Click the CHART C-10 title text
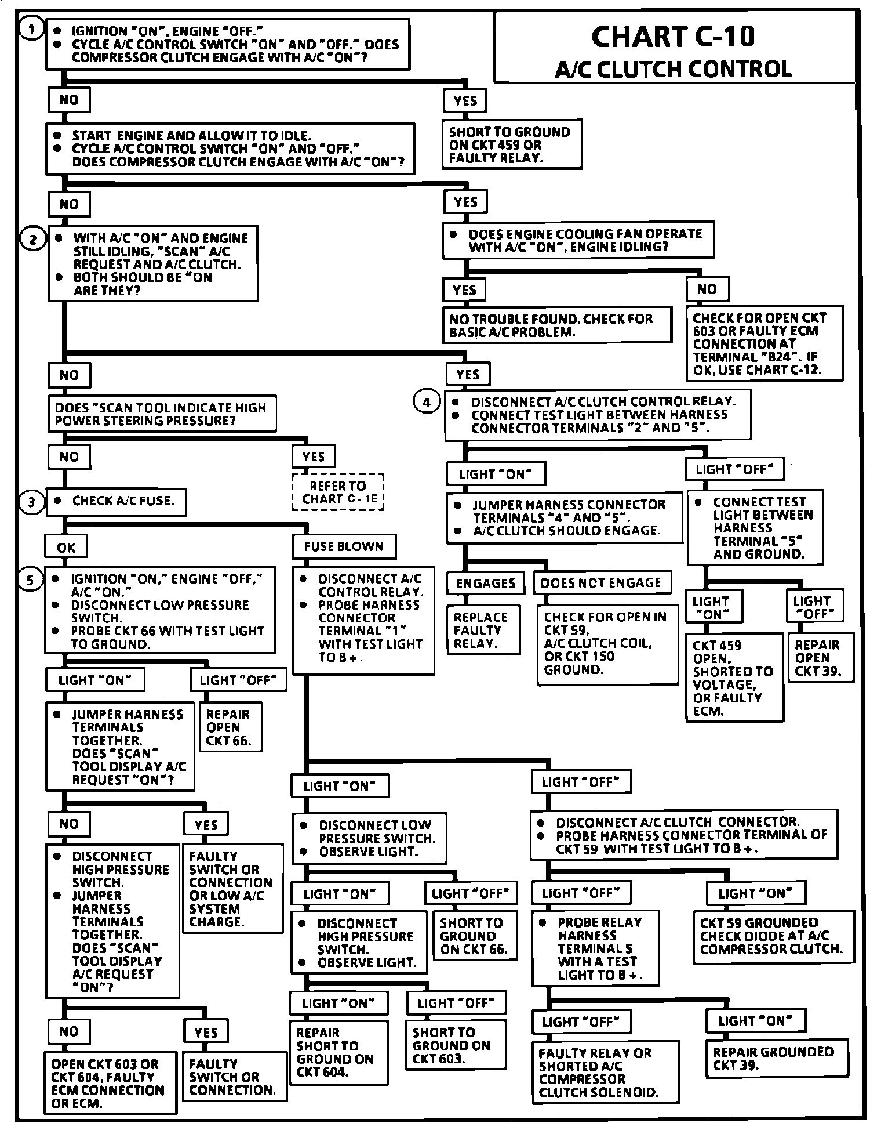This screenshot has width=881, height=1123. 674,37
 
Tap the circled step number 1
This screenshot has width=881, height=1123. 32,28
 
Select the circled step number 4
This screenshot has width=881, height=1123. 427,402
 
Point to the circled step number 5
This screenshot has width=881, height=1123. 32,579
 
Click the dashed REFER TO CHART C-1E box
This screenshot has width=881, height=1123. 338,492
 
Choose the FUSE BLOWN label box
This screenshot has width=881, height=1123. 344,546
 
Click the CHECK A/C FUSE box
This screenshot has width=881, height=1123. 117,501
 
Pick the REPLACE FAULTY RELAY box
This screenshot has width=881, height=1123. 481,630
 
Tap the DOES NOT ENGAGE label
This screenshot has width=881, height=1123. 601,583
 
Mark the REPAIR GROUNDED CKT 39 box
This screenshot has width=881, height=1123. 777,1059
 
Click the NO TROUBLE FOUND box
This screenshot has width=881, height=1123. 556,325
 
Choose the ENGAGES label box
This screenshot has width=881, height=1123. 486,583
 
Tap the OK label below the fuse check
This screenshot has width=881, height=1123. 67,547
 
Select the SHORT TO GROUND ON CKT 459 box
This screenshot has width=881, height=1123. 511,144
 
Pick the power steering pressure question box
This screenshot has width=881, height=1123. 161,414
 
